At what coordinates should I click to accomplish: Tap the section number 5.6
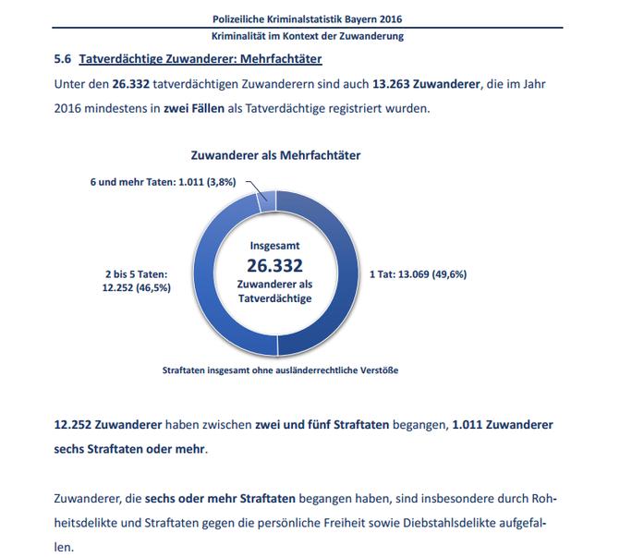(x=64, y=60)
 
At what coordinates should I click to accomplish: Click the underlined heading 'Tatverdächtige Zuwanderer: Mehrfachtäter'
(x=201, y=60)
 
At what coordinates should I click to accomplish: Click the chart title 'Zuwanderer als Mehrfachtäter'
(x=275, y=156)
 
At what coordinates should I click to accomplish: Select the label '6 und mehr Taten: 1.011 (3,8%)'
(x=164, y=182)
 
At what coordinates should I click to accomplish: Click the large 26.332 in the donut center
(x=275, y=266)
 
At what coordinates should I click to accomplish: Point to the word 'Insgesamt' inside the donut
(x=275, y=247)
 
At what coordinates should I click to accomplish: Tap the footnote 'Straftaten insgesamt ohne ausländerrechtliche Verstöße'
(x=279, y=370)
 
